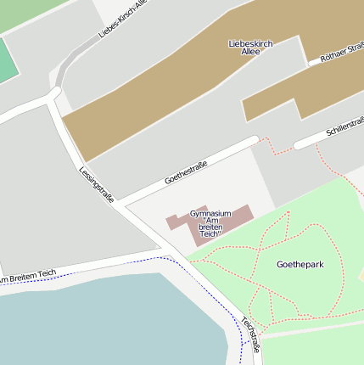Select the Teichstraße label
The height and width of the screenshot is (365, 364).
[249, 334]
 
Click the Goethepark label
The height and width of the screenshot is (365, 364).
[300, 265]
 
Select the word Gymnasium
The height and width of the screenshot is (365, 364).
[210, 212]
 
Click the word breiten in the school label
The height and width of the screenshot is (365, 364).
[210, 227]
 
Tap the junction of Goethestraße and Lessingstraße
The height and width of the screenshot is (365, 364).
[121, 204]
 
